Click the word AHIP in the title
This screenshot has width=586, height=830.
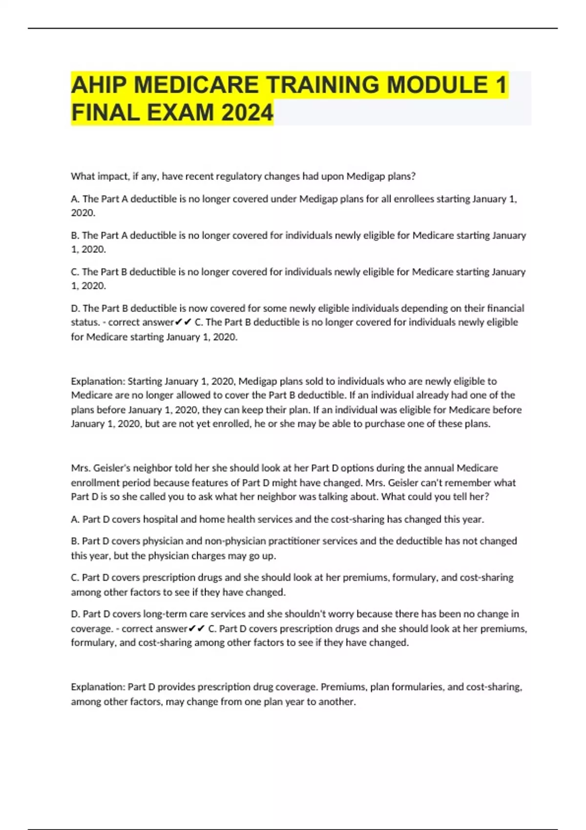(99, 85)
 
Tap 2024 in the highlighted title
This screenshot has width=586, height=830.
(247, 113)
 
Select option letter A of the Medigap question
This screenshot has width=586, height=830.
(75, 199)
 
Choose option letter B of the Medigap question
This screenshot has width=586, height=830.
(75, 236)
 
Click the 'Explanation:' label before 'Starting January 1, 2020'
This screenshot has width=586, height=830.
(98, 381)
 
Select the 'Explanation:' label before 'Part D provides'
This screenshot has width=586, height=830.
(98, 687)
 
